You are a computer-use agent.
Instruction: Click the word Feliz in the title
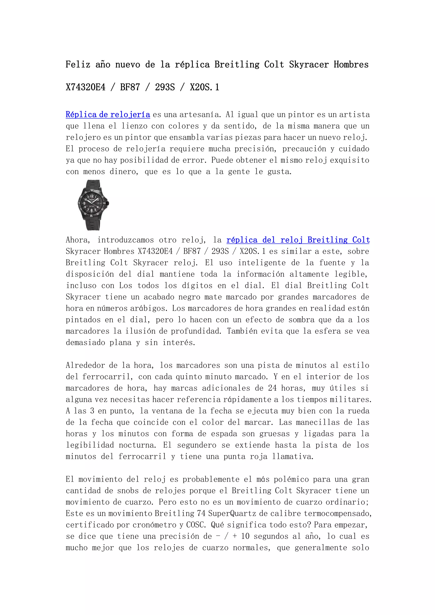[x=78, y=65]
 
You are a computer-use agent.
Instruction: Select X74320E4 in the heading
[x=86, y=87]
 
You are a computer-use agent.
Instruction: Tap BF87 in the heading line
[x=130, y=87]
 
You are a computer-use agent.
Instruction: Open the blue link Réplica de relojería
[x=108, y=115]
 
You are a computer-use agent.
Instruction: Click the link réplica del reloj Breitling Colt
[x=298, y=240]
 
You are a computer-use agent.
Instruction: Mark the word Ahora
[x=78, y=240]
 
